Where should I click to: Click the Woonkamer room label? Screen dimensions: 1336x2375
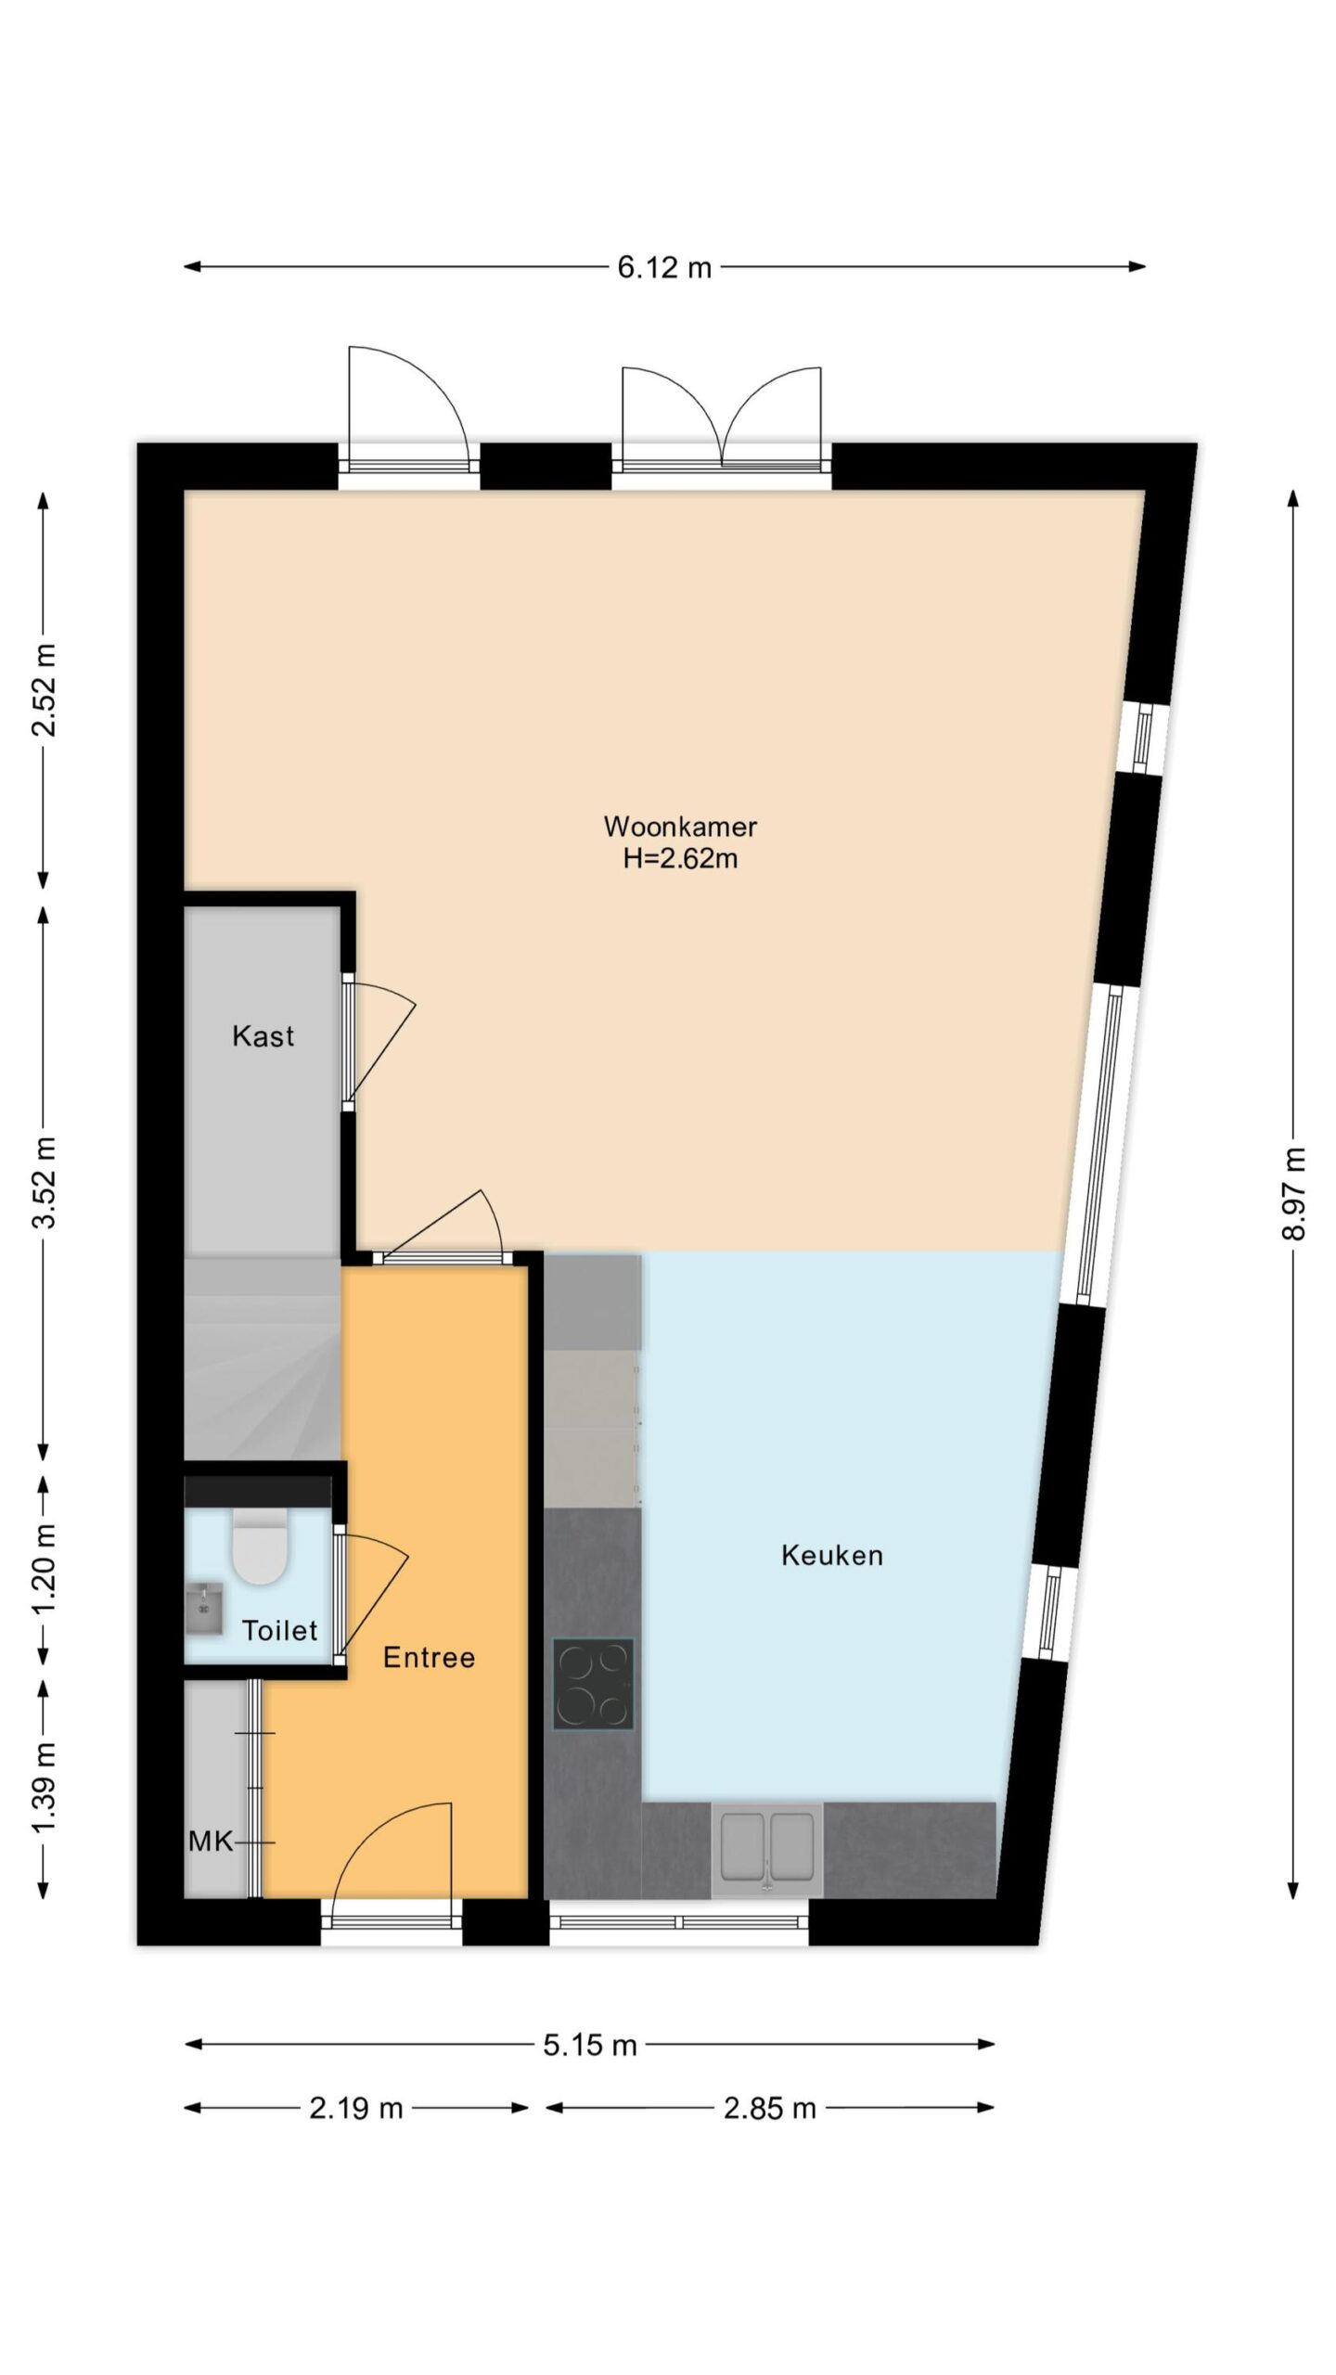point(680,826)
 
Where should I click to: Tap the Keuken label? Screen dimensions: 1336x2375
point(831,1555)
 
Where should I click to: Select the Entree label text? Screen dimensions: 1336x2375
point(429,1657)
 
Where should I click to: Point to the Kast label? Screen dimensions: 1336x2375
point(263,1035)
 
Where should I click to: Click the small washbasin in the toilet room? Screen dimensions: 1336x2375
point(204,1610)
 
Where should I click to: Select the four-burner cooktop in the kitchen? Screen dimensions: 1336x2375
point(594,1684)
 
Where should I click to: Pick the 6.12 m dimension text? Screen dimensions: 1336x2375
point(664,267)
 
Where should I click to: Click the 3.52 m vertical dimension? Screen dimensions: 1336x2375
point(44,1181)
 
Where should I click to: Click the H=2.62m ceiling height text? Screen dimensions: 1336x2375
point(680,858)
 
